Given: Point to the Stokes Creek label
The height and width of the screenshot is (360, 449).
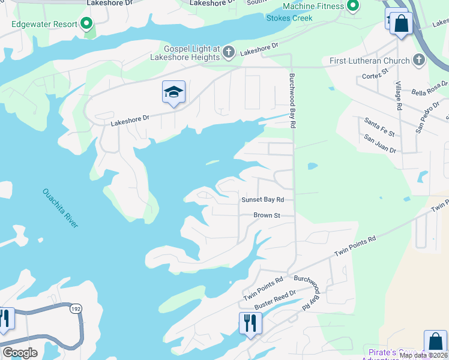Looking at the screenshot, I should (x=294, y=18).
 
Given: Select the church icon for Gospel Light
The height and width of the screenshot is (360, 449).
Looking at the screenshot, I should (x=228, y=53).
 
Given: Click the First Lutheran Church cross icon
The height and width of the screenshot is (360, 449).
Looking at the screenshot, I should (x=418, y=60).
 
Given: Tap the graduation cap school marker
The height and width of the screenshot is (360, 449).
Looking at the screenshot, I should (x=173, y=92).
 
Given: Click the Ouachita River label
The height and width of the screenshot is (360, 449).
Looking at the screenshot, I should (x=60, y=208).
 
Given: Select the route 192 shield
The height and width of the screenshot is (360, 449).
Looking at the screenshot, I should (x=75, y=309).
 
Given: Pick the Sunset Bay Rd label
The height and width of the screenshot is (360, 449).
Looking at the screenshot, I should (x=262, y=200).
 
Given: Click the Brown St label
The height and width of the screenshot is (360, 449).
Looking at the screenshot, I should (x=267, y=215).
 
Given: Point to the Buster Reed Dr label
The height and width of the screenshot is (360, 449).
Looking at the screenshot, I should (x=276, y=301).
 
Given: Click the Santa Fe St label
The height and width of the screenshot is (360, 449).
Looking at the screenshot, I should (x=379, y=127).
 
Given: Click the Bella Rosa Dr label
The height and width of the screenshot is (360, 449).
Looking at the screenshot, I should (x=430, y=88).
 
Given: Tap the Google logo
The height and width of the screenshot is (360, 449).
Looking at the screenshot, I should (x=20, y=353).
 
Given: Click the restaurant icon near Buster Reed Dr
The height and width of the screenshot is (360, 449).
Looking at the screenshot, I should (x=249, y=323).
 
